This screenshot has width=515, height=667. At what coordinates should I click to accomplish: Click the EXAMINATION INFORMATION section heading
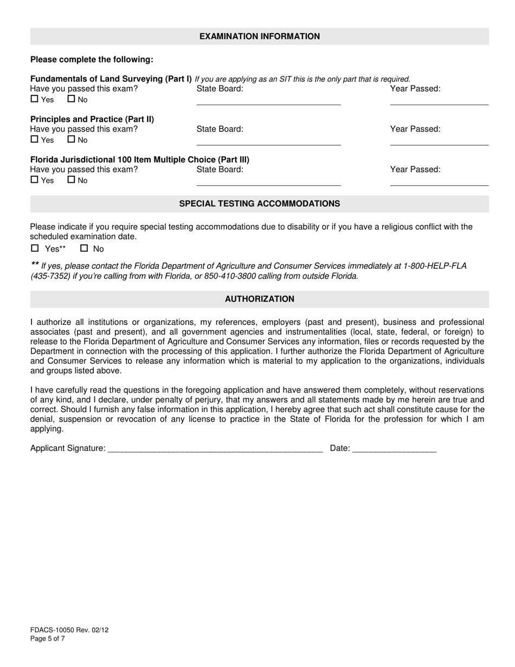[x=259, y=36]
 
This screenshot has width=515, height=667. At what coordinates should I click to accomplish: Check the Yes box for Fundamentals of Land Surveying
[x=35, y=99]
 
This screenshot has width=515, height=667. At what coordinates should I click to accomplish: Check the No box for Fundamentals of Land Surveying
[x=71, y=99]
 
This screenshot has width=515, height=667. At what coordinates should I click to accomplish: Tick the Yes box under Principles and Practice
[x=35, y=139]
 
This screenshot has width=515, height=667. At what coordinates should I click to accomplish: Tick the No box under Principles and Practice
[x=71, y=139]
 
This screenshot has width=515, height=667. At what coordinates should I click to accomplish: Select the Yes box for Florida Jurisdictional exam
[x=35, y=180]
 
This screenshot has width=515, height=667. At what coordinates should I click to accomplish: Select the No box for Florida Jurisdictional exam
[x=71, y=180]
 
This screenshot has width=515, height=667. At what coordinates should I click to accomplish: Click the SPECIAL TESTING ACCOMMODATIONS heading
[x=259, y=204]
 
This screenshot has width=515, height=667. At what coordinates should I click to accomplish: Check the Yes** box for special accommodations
[x=35, y=248]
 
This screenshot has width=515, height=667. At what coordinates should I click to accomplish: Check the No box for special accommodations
[x=84, y=248]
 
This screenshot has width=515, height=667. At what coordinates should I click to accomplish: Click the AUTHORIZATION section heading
[x=259, y=299]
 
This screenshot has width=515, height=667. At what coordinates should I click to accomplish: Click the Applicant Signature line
[x=215, y=449]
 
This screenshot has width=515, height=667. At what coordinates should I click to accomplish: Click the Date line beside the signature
[x=394, y=449]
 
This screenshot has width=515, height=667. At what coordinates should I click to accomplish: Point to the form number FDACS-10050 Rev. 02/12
[x=69, y=630]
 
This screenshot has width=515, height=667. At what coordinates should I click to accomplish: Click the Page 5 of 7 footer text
[x=48, y=639]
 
